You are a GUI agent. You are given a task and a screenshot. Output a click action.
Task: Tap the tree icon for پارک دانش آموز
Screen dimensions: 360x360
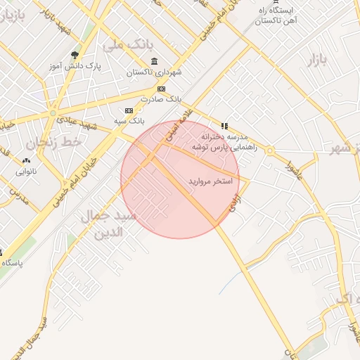[75, 55]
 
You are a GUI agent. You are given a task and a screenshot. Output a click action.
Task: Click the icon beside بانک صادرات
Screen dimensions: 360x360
[162, 89]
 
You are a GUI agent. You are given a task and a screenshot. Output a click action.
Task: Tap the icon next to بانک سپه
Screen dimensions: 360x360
[129, 110]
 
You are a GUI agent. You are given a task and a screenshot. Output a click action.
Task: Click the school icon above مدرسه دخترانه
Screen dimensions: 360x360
[224, 125]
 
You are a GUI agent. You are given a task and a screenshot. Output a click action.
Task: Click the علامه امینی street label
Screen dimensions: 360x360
[177, 129]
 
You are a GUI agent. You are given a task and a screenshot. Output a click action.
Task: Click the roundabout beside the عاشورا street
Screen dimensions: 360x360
[269, 151]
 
